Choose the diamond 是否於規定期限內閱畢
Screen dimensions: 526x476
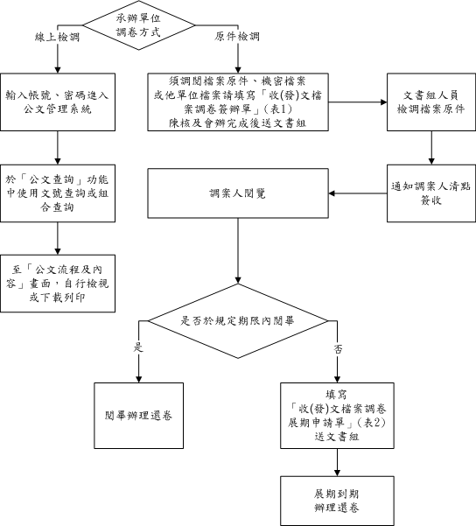click(x=237, y=320)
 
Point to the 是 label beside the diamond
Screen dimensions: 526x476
click(x=136, y=347)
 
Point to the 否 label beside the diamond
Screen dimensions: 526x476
click(x=338, y=347)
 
